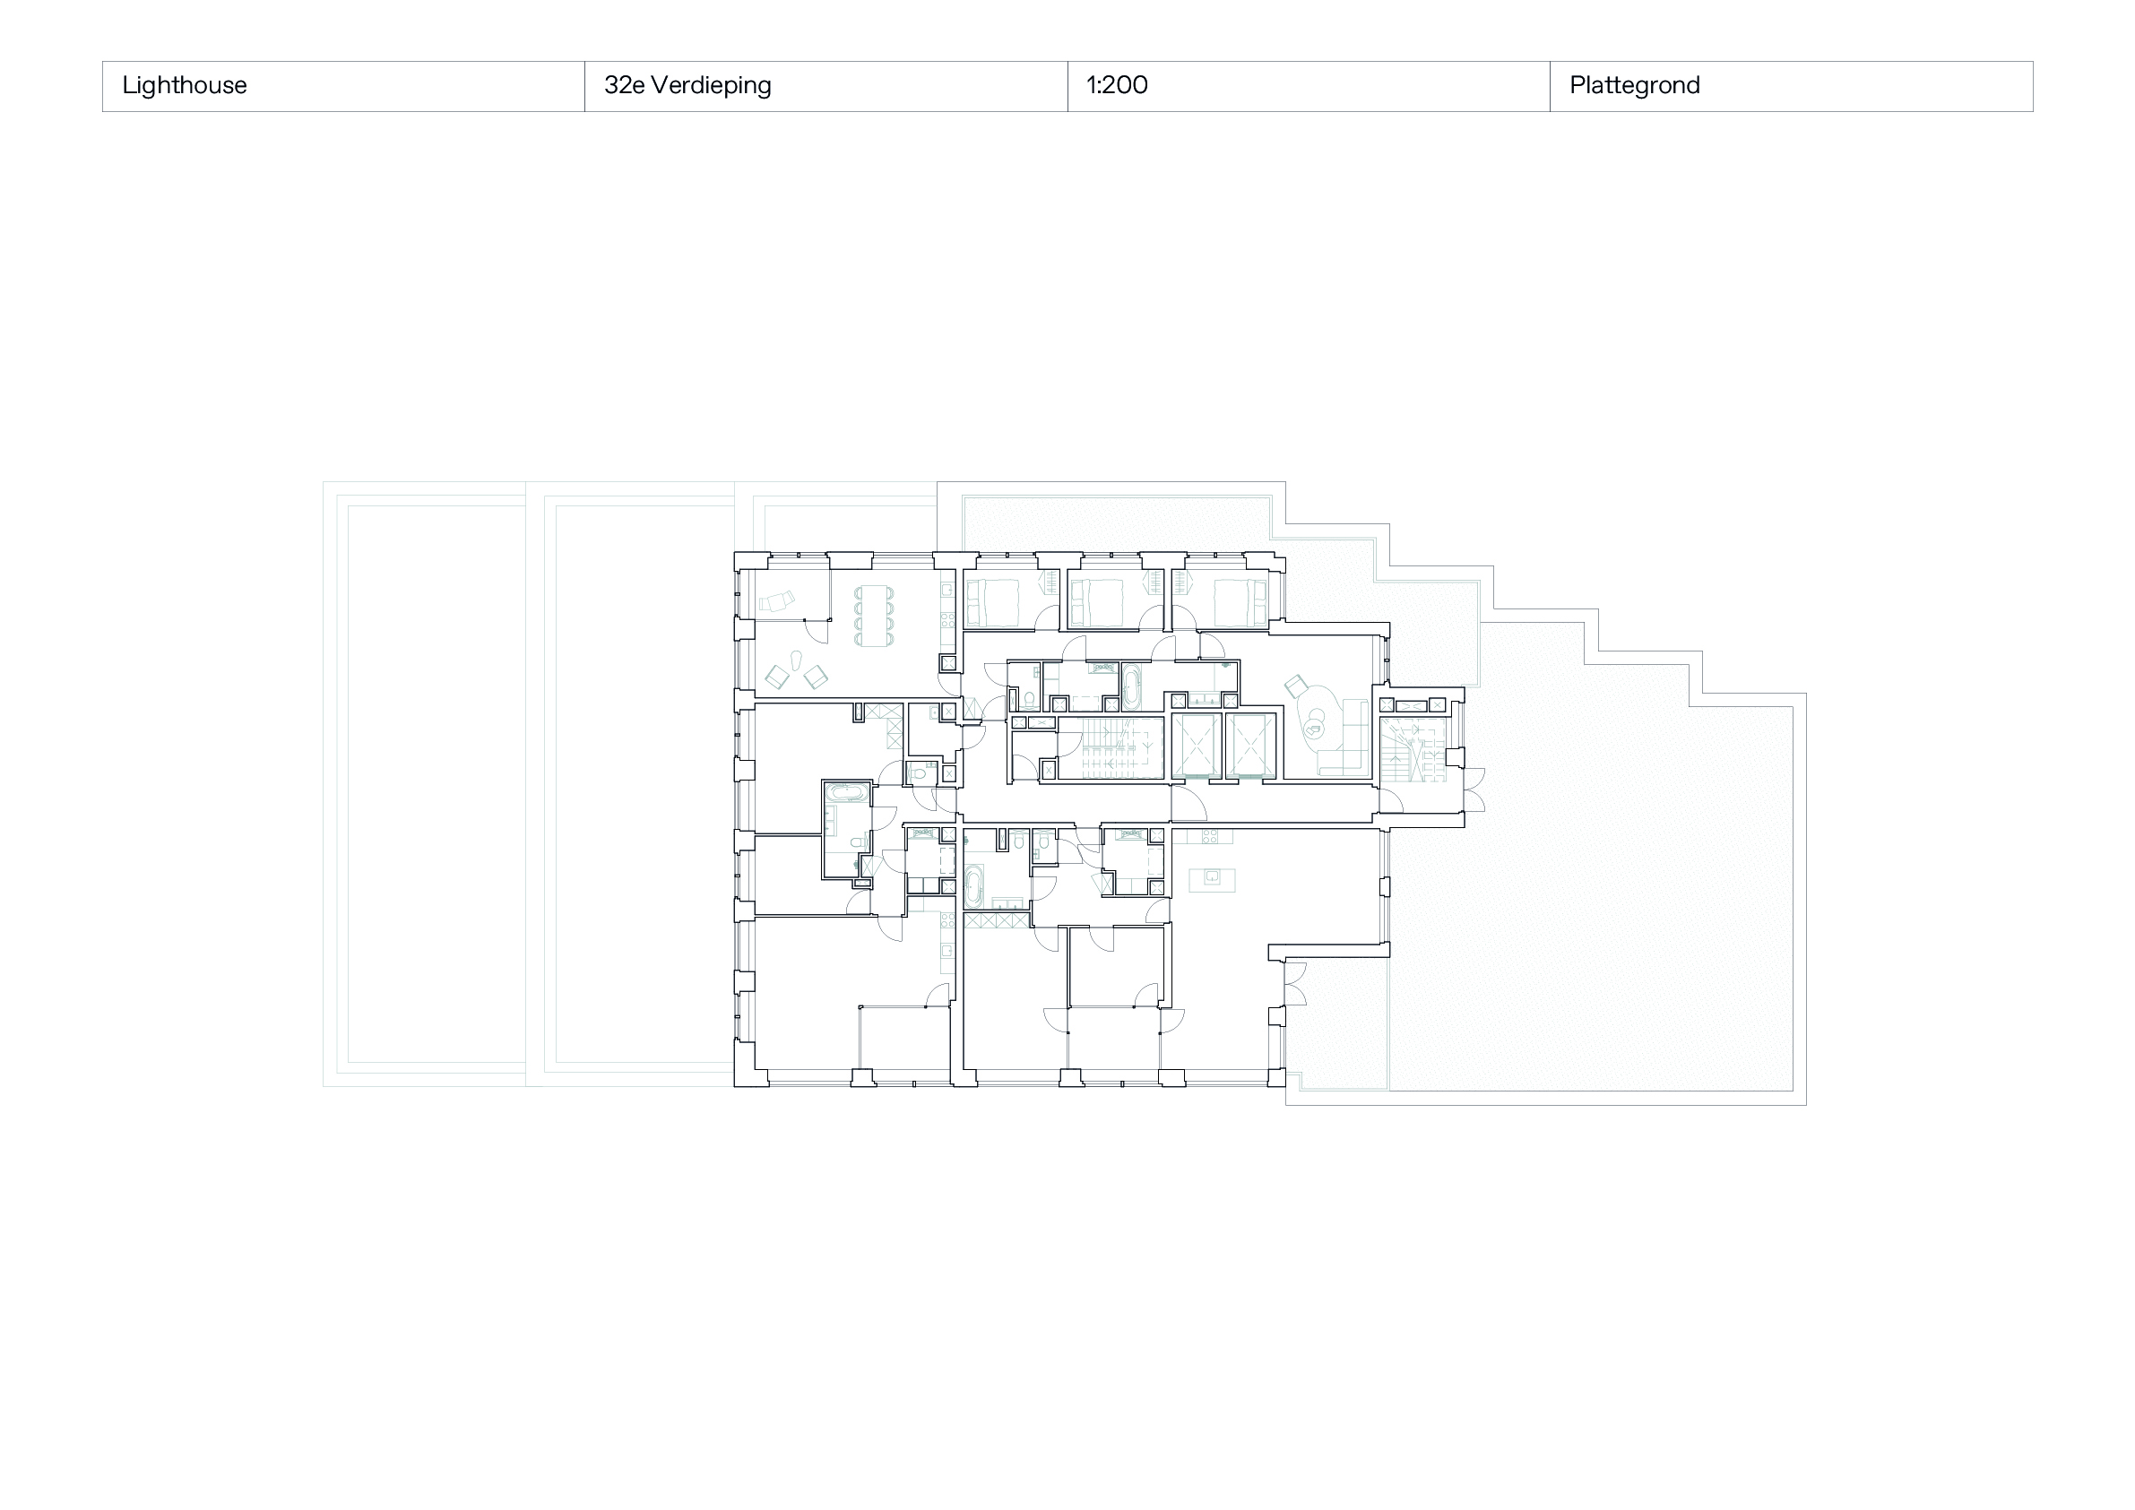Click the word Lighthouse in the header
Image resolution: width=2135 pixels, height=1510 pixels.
[184, 85]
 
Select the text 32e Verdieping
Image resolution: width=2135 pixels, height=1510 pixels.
[687, 85]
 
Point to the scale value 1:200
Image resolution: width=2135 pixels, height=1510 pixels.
[1117, 85]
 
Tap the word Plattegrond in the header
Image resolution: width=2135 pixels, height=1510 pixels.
[1634, 85]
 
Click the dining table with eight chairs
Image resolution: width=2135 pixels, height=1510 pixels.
[873, 616]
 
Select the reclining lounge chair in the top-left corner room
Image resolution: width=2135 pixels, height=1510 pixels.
[777, 600]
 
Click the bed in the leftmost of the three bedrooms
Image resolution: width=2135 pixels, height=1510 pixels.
[994, 602]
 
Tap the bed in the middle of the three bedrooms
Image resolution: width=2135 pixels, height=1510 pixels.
[1098, 602]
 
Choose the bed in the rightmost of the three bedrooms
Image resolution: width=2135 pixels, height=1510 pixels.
[1239, 602]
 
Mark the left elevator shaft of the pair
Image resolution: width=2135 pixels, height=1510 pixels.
[1196, 746]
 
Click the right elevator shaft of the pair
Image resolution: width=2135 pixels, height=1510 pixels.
[1249, 746]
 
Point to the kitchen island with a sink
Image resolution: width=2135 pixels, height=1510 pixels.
[1212, 878]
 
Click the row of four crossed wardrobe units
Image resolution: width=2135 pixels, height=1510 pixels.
[997, 920]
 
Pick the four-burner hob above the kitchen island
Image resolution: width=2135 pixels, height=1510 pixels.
[1211, 837]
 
